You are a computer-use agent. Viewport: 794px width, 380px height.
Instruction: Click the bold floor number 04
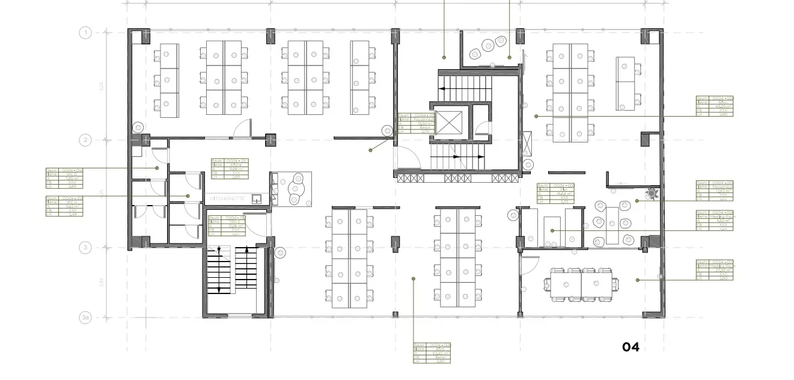pos(631,347)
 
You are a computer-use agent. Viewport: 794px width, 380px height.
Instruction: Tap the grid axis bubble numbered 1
pos(85,32)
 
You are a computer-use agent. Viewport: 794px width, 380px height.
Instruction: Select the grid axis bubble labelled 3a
pos(85,317)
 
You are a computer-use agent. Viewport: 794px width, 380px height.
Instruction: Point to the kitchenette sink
pos(257,198)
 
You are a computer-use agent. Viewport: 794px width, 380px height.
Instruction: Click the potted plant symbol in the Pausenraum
pos(650,194)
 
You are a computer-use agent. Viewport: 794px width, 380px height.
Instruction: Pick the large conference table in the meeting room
pos(581,283)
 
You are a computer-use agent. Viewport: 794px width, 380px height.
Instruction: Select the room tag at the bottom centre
pos(432,353)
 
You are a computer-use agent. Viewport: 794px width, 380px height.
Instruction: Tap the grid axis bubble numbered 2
pos(85,140)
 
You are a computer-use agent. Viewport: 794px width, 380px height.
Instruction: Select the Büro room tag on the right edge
pos(714,106)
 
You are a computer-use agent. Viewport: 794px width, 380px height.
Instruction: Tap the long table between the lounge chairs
pos(612,225)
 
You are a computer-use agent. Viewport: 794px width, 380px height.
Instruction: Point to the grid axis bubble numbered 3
pos(85,247)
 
